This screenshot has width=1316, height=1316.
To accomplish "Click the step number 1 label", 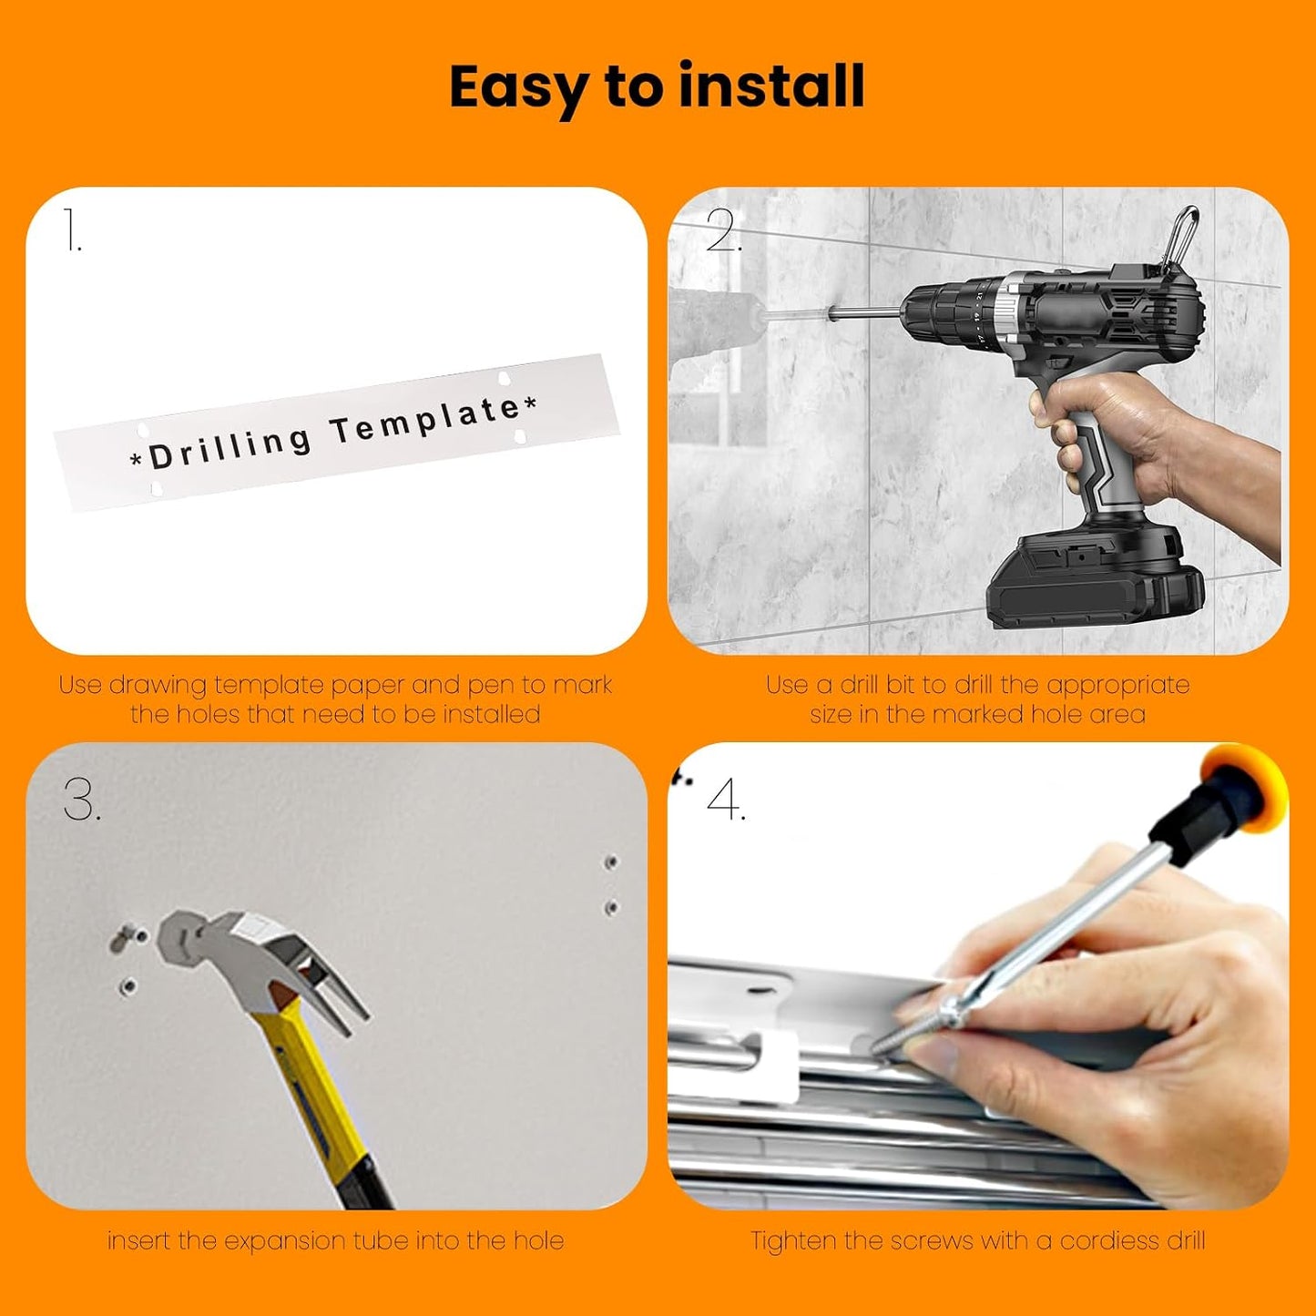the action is coord(72,230).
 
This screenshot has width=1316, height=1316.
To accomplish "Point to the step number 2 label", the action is coord(723,230).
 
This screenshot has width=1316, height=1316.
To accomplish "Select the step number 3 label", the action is coord(83,800).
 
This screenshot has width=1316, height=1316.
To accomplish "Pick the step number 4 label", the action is coord(726,800).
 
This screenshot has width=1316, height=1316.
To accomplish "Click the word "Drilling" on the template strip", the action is coord(230,445).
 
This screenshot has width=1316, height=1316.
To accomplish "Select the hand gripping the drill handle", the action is coord(1154,444).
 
